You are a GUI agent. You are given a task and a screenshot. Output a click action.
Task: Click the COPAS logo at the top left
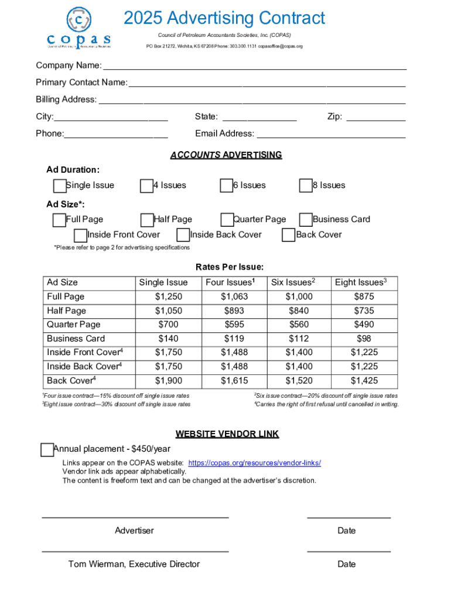point(78,28)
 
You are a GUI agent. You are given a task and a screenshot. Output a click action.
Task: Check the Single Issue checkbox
point(59,186)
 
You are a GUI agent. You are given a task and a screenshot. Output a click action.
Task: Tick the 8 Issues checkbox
point(305,186)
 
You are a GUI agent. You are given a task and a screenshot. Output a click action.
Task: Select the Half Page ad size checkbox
point(147,220)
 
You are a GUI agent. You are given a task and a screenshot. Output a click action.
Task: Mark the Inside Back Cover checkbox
point(183,235)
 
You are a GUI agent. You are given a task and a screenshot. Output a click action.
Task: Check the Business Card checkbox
point(305,220)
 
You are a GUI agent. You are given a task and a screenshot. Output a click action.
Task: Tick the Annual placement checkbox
point(47,449)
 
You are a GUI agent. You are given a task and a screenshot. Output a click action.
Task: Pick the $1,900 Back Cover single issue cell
point(169,381)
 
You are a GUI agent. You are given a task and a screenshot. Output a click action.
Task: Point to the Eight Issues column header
point(361,282)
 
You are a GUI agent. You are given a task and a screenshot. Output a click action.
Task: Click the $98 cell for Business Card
point(364,339)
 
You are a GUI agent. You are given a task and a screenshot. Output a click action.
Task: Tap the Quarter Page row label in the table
point(74,325)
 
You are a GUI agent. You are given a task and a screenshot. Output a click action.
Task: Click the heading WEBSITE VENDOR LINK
point(227,434)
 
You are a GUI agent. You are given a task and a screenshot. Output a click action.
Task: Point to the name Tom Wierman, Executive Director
point(134,564)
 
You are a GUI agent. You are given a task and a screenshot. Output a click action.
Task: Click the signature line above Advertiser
point(135,517)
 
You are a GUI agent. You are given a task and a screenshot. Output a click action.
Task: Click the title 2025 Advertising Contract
point(224,18)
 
